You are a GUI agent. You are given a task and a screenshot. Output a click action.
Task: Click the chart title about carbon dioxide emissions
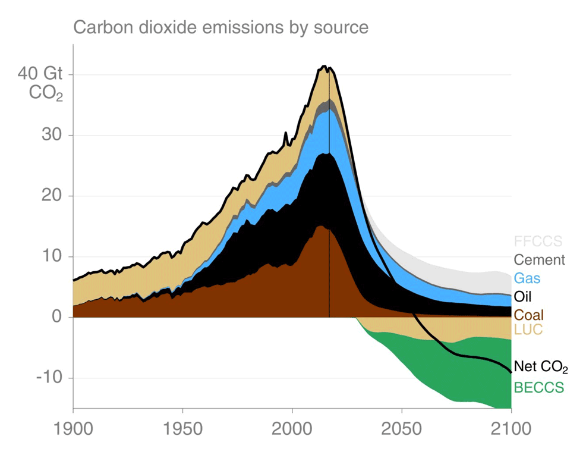click(x=220, y=27)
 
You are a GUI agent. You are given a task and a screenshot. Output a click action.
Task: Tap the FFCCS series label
click(x=538, y=242)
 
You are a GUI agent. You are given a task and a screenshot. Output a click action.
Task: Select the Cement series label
click(x=539, y=260)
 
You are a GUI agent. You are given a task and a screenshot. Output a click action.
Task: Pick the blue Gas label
click(x=527, y=278)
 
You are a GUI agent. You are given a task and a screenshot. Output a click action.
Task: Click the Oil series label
click(x=522, y=296)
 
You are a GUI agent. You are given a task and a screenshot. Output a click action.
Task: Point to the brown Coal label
click(x=528, y=315)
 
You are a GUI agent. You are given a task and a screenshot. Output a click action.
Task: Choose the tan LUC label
click(x=528, y=329)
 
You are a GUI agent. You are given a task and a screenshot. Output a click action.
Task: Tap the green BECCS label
click(x=538, y=388)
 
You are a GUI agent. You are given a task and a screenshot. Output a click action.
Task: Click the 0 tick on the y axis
click(x=57, y=317)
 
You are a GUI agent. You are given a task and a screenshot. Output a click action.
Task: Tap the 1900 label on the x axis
click(x=73, y=429)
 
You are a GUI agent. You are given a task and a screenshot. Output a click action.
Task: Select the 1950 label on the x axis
click(x=182, y=429)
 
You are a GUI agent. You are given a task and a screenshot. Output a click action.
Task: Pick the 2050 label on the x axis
click(x=402, y=429)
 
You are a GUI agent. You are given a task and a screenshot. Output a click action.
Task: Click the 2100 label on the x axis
click(x=511, y=429)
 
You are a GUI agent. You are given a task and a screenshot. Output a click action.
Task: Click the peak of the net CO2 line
click(x=324, y=66)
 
